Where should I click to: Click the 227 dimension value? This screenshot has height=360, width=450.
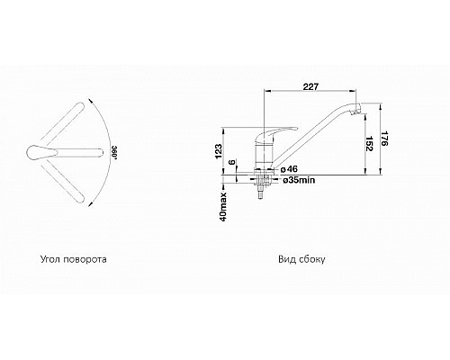click(x=310, y=86)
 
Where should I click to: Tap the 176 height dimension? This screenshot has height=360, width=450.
click(x=384, y=138)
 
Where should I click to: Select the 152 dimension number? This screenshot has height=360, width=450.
click(x=369, y=143)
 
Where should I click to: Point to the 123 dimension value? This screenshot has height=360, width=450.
click(x=219, y=151)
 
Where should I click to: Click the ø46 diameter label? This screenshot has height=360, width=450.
click(x=289, y=169)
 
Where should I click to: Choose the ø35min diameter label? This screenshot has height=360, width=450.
click(x=299, y=180)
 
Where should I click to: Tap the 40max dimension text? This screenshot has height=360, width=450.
click(x=224, y=207)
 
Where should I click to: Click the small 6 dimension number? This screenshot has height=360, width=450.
click(x=232, y=162)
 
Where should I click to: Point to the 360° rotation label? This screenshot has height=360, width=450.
click(x=114, y=153)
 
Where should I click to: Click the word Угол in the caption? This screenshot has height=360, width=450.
click(x=51, y=259)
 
